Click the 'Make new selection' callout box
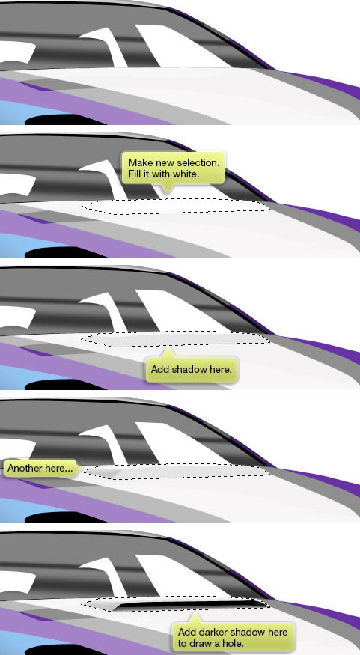[x=173, y=168]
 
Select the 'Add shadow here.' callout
[x=192, y=369]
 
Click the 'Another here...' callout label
[x=40, y=469]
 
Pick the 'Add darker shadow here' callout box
[x=233, y=637]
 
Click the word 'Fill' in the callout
[x=135, y=174]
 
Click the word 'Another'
[x=25, y=469]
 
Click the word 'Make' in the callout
[x=138, y=162]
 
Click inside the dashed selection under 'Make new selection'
[x=175, y=207]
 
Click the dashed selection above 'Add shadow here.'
[x=175, y=339]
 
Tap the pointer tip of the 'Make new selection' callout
[x=167, y=194]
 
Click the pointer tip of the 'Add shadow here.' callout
[x=168, y=347]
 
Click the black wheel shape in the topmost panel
[x=64, y=121]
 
